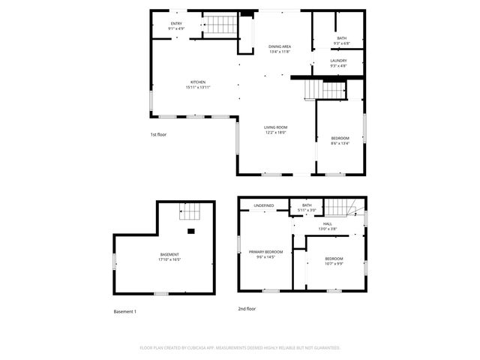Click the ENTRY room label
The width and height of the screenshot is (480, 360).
[x=176, y=24]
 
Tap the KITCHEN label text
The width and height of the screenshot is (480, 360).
[x=197, y=82]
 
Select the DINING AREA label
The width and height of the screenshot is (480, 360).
[x=280, y=46]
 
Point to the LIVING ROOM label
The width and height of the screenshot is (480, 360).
[x=275, y=127]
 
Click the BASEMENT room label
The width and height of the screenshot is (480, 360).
[x=169, y=254]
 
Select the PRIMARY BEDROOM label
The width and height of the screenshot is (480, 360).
[x=266, y=252]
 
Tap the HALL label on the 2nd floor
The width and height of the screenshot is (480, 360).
[x=328, y=223]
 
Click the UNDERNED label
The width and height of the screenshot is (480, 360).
[x=263, y=205]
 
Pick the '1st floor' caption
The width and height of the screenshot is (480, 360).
[x=157, y=134]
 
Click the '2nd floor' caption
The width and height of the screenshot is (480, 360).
[x=247, y=308]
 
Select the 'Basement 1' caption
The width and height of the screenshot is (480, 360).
[x=124, y=311]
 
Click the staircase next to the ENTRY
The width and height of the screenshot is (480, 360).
[x=220, y=26]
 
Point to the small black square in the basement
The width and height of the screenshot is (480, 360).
[x=191, y=232]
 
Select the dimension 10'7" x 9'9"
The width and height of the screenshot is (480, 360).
[x=334, y=263]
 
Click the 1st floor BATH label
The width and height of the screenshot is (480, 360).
[x=342, y=38]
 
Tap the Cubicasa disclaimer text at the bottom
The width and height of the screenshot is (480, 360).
[x=240, y=348]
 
